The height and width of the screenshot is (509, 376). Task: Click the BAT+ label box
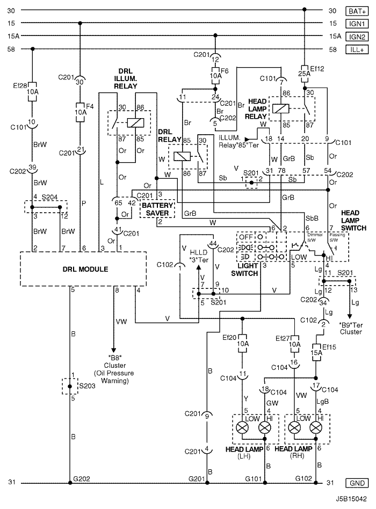(x=357, y=10)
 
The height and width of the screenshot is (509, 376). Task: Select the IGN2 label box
(x=357, y=36)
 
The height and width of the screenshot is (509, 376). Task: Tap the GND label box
(x=357, y=483)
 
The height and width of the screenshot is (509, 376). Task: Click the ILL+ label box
(x=357, y=49)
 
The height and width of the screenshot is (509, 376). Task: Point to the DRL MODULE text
(x=83, y=269)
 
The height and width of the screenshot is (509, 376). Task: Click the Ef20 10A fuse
(x=242, y=341)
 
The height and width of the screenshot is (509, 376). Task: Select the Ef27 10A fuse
(x=294, y=341)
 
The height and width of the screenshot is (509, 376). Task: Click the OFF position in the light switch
(x=247, y=236)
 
